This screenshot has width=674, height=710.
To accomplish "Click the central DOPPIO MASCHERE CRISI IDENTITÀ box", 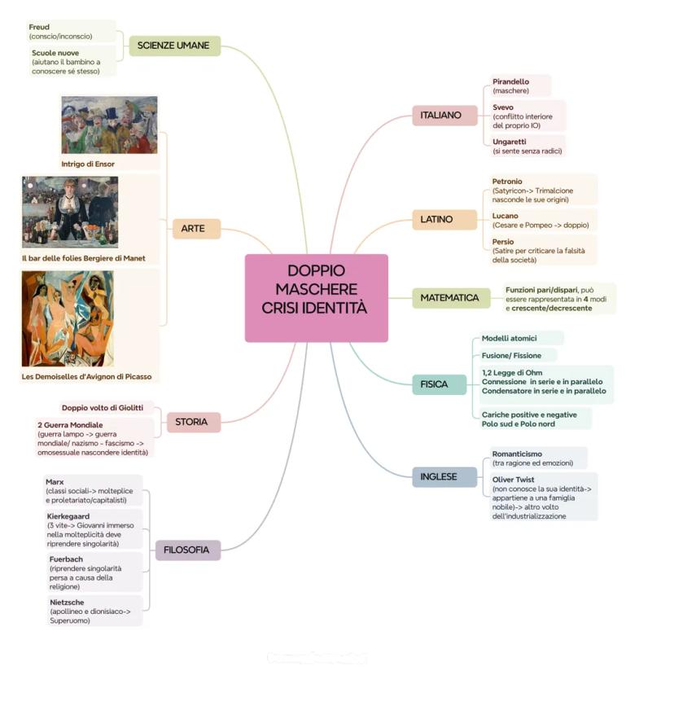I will coord(316,298).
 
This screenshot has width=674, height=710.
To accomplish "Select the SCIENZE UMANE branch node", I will coord(174,46).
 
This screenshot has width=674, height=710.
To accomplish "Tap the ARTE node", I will coord(196,229).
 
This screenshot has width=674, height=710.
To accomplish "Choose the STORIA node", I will coord(192,422).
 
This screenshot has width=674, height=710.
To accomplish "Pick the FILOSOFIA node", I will coord(186,550).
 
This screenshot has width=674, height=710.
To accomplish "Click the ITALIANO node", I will coord(440,116).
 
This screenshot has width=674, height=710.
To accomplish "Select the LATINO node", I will coord(437,219).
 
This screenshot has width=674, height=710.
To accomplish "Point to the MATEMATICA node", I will coord(449,298).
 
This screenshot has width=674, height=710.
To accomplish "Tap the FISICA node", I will coord(434,383).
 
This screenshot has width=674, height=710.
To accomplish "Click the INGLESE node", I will coord(438,476).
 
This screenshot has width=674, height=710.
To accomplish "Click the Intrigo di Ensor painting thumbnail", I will coord(109,125).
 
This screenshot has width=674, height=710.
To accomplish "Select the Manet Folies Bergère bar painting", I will coord(70,212).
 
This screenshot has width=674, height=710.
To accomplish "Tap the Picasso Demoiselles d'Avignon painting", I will coord(68,319).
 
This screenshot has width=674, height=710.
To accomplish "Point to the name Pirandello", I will coord(510,81).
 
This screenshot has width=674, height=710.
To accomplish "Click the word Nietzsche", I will coord(67,602).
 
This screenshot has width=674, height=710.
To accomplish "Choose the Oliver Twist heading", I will coord(513,480).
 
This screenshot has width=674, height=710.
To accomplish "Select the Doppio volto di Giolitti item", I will coord(103,408).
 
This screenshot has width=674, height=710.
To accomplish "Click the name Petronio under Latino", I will coord(507,181).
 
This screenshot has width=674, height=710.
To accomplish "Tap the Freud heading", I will coord(39,27).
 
